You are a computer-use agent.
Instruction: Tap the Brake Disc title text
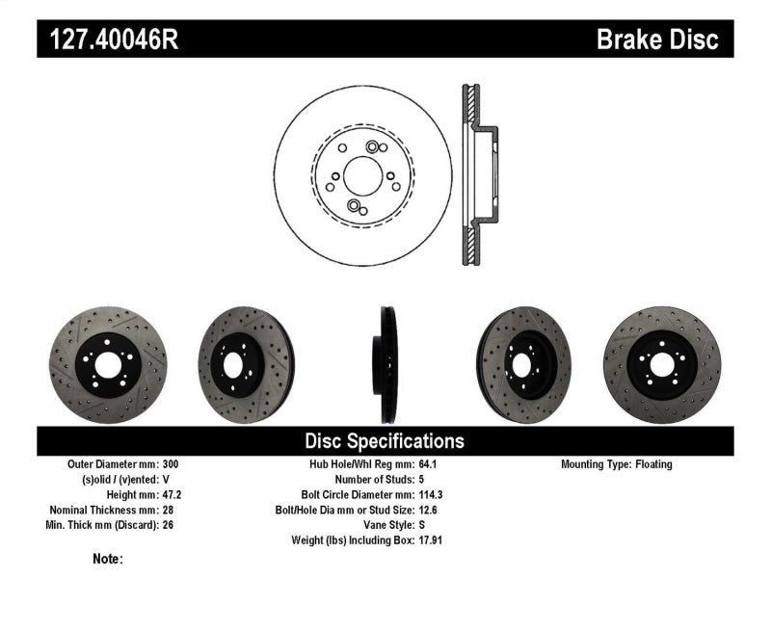tap(657, 39)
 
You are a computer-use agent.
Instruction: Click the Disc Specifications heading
tap(385, 441)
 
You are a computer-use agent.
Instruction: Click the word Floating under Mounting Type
tap(653, 464)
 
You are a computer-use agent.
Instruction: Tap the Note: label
tap(108, 559)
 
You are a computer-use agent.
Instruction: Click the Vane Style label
tap(383, 525)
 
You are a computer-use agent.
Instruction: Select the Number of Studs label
tap(374, 479)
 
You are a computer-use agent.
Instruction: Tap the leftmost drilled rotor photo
tap(107, 364)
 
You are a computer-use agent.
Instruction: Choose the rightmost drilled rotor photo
tap(661, 364)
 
